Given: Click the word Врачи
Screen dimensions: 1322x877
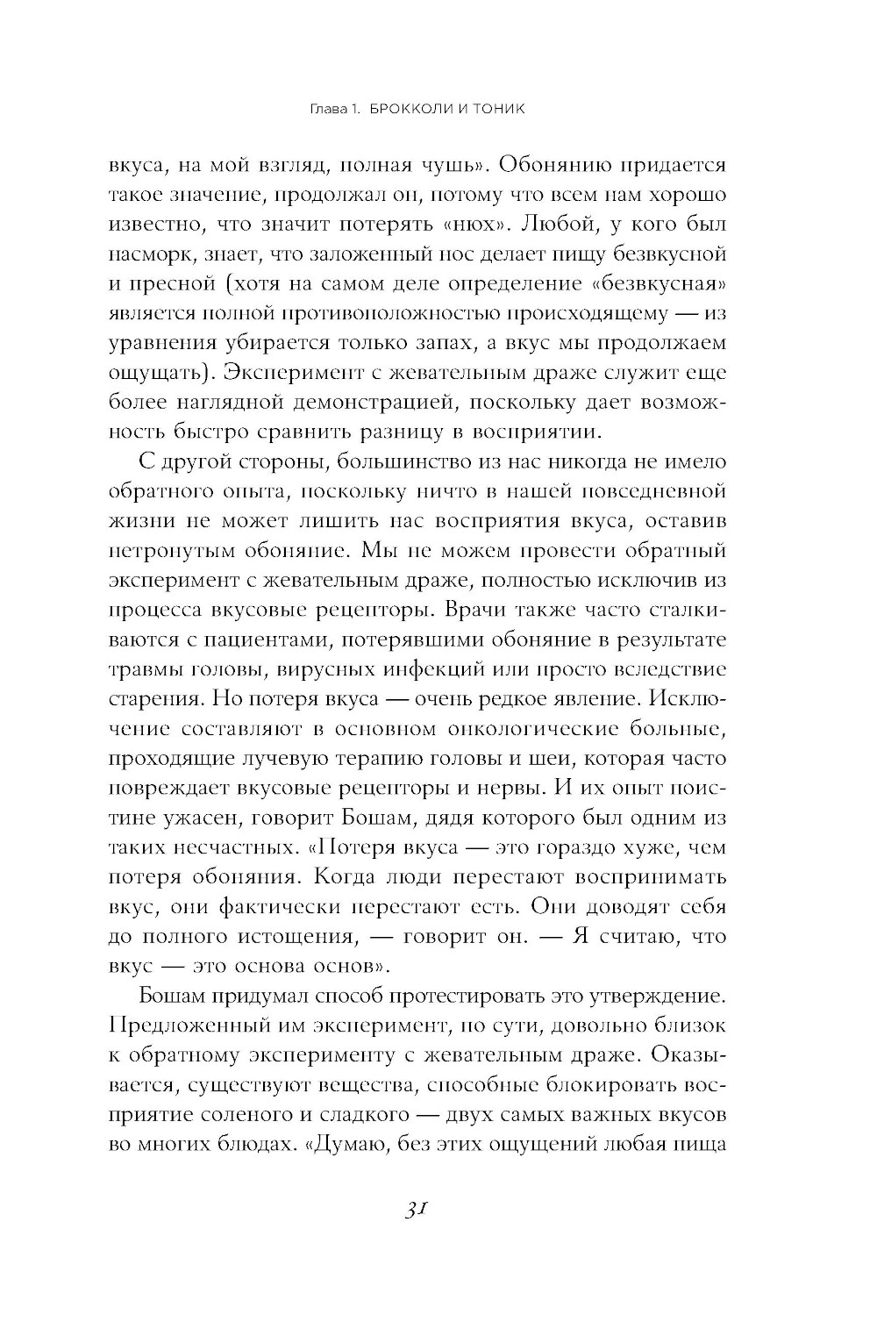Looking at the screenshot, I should point(483,610).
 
